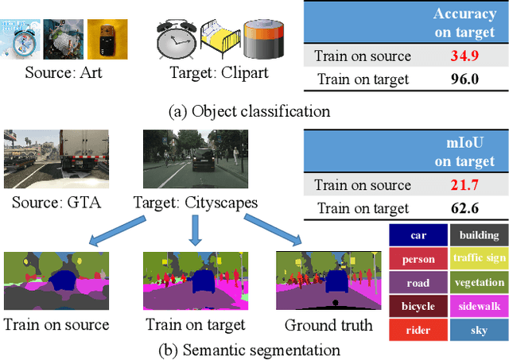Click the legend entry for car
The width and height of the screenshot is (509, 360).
tap(419, 235)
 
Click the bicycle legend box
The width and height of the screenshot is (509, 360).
tap(419, 306)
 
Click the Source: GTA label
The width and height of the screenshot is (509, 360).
tap(53, 203)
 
